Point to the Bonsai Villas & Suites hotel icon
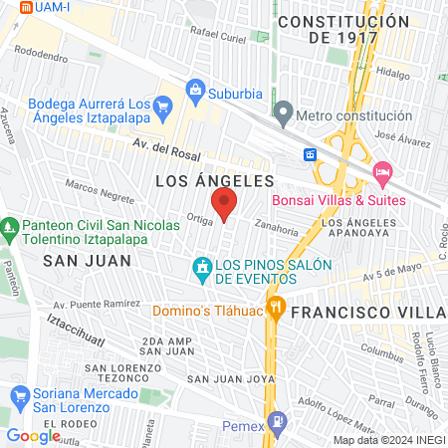pos(381,174)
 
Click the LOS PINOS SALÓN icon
pos(202,267)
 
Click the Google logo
pos(33,435)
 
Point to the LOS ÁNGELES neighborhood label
pos(215,180)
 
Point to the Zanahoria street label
pos(276,228)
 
